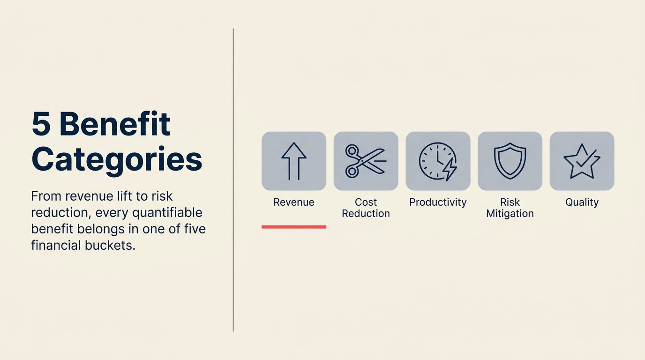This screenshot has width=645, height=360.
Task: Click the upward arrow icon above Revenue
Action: [294, 161]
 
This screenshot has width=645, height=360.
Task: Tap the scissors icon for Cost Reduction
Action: [366, 161]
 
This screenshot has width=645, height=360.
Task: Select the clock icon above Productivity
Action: [437, 161]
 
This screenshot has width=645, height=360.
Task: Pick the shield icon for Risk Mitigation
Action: [510, 161]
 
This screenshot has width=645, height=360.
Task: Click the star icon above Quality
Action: [582, 161]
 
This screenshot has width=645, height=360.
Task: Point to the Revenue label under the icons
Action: [294, 202]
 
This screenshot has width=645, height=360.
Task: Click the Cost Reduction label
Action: [366, 208]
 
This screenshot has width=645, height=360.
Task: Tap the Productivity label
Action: [438, 202]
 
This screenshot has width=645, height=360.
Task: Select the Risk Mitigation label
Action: [510, 208]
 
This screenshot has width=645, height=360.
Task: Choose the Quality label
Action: [582, 202]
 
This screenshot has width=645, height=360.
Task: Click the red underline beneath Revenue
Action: [294, 227]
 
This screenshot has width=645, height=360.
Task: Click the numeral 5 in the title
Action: [41, 124]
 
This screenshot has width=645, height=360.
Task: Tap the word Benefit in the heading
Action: [115, 124]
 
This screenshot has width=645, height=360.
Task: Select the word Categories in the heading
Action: [117, 159]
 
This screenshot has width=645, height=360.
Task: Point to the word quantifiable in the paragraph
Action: [167, 212]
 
